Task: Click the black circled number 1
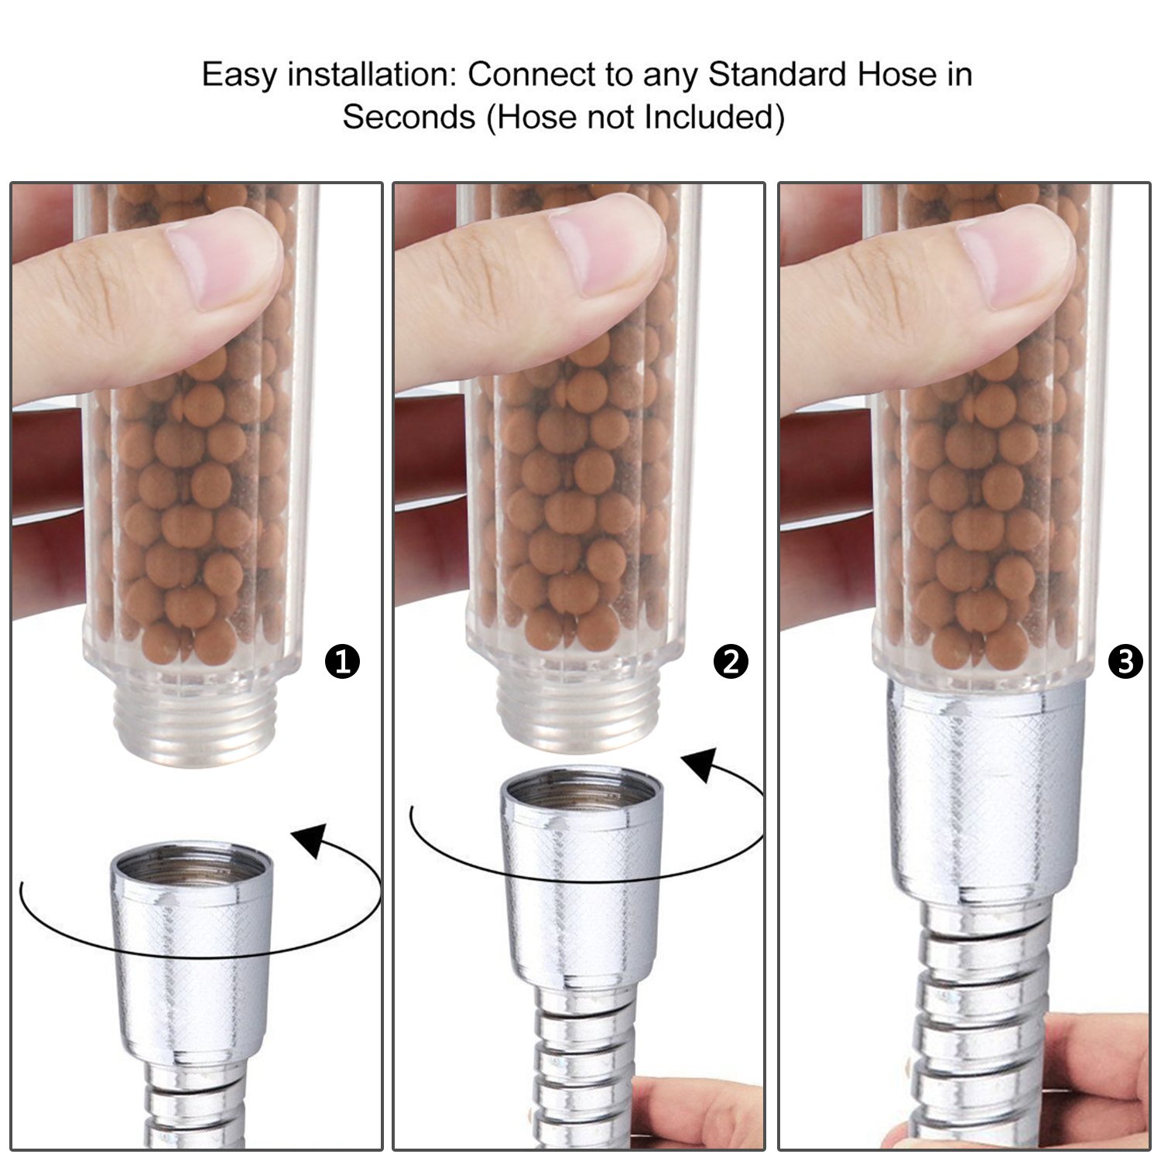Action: (343, 663)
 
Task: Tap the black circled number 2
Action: (731, 663)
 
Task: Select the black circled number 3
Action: (1125, 663)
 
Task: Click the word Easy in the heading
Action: (240, 76)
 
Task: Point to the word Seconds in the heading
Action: (409, 118)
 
